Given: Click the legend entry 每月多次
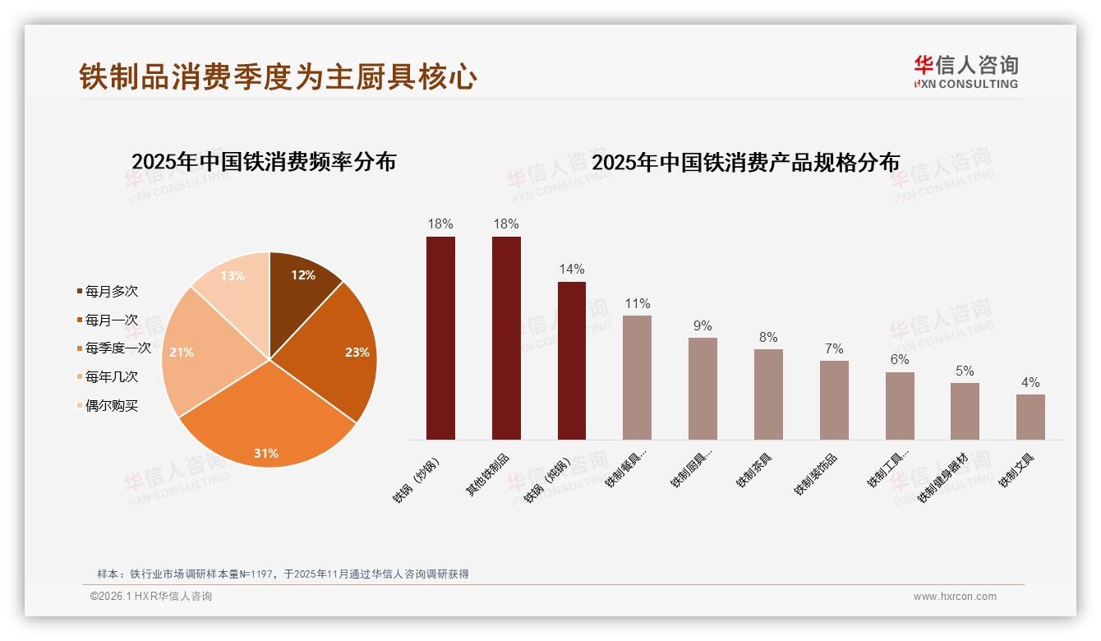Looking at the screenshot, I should [x=111, y=291].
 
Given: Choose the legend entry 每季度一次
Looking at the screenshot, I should [x=117, y=348].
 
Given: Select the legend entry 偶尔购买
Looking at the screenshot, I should [x=111, y=406].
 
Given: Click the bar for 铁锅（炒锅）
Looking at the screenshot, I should [x=440, y=338].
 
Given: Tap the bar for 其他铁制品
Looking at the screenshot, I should [x=506, y=338].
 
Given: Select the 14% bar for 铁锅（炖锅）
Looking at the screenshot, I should [x=572, y=361].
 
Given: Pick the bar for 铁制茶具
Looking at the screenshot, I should [x=768, y=394].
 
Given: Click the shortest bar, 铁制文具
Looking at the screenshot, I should [x=1030, y=417].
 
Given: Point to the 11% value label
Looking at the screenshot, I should [x=637, y=304].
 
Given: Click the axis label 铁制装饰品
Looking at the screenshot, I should [x=816, y=474].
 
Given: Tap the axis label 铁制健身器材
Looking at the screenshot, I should [x=942, y=477].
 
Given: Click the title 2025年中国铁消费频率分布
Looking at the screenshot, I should [x=264, y=162].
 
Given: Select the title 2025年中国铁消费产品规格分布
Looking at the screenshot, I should [x=745, y=162].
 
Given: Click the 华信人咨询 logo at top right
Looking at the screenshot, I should [x=965, y=71].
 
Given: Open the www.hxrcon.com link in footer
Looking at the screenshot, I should [x=955, y=597].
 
